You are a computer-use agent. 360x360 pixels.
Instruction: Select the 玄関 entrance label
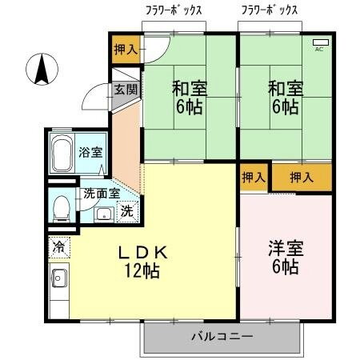tap(125, 89)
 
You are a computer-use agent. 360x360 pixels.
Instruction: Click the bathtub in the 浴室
tap(62, 152)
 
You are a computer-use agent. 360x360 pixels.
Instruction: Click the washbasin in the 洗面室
tap(103, 213)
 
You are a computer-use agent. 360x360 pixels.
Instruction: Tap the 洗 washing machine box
tap(127, 212)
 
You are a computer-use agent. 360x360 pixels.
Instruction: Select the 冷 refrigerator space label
tap(58, 248)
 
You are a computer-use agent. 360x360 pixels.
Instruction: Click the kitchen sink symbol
tap(58, 280)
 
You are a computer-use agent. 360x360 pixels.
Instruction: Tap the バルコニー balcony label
tap(222, 336)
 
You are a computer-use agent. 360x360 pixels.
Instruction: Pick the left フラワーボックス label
tap(174, 10)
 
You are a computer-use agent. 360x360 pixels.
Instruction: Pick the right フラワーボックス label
tap(270, 10)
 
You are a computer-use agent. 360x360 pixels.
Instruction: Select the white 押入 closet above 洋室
tap(254, 177)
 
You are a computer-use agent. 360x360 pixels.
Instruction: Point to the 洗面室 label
tap(102, 193)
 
